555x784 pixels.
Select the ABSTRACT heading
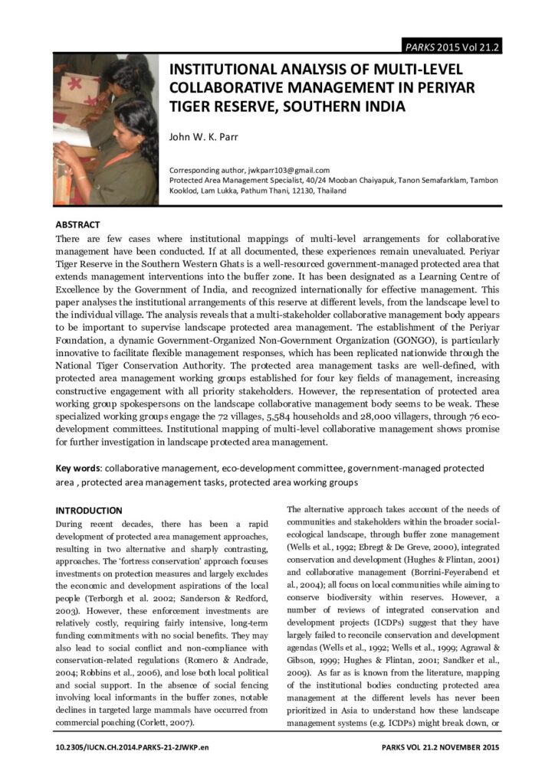[x=77, y=225]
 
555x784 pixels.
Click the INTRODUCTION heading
[x=89, y=510]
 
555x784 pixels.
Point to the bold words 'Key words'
[x=78, y=468]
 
